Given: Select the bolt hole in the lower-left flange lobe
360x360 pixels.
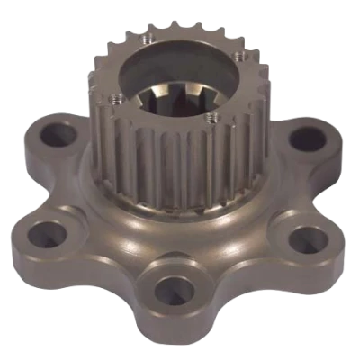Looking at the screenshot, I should pos(43,236).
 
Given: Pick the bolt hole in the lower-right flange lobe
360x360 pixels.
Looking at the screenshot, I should pos(308,239).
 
